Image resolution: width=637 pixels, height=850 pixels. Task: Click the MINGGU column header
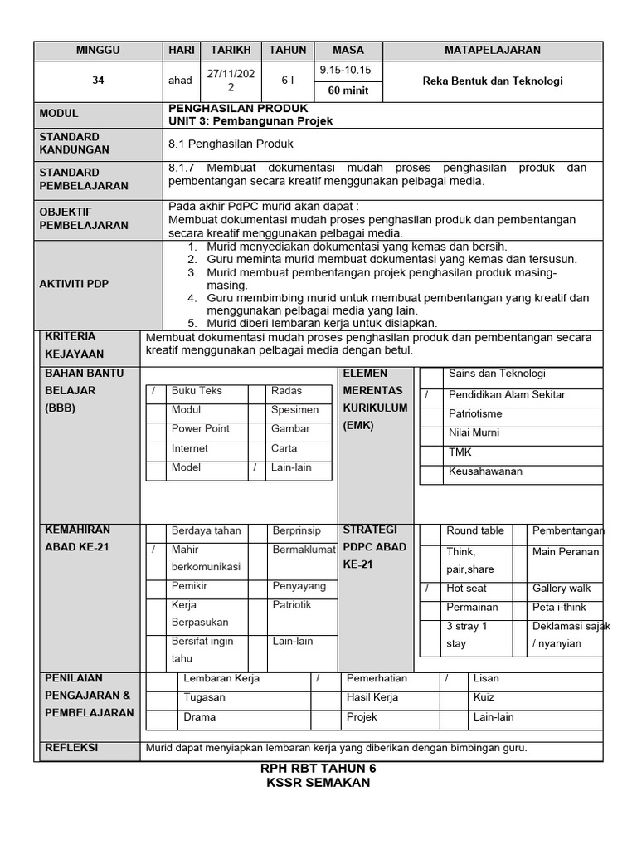tap(98, 50)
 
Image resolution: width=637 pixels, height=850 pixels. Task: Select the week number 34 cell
tap(98, 81)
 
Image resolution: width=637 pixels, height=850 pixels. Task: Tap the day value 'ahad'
tap(180, 81)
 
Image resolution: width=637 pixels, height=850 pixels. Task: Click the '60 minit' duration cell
tap(347, 90)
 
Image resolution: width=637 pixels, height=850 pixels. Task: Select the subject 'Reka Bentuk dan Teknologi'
tap(492, 81)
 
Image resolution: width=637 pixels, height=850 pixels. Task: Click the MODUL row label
tap(59, 114)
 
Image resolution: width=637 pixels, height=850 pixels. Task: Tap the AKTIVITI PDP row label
tap(75, 284)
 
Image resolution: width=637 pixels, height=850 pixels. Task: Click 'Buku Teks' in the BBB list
tap(197, 391)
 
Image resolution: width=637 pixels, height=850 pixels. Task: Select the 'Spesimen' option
tap(294, 410)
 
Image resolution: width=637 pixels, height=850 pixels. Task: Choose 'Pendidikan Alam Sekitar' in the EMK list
tap(507, 394)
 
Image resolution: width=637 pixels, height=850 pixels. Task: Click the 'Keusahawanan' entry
tap(485, 471)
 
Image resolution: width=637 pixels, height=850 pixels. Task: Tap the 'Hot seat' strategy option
tap(466, 588)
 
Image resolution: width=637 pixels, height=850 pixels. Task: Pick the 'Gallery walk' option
tap(562, 588)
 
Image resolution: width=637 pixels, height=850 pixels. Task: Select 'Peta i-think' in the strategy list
tap(560, 607)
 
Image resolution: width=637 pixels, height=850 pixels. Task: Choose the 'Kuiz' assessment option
tap(484, 697)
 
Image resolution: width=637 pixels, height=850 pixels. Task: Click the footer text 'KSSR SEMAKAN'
tap(318, 783)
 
